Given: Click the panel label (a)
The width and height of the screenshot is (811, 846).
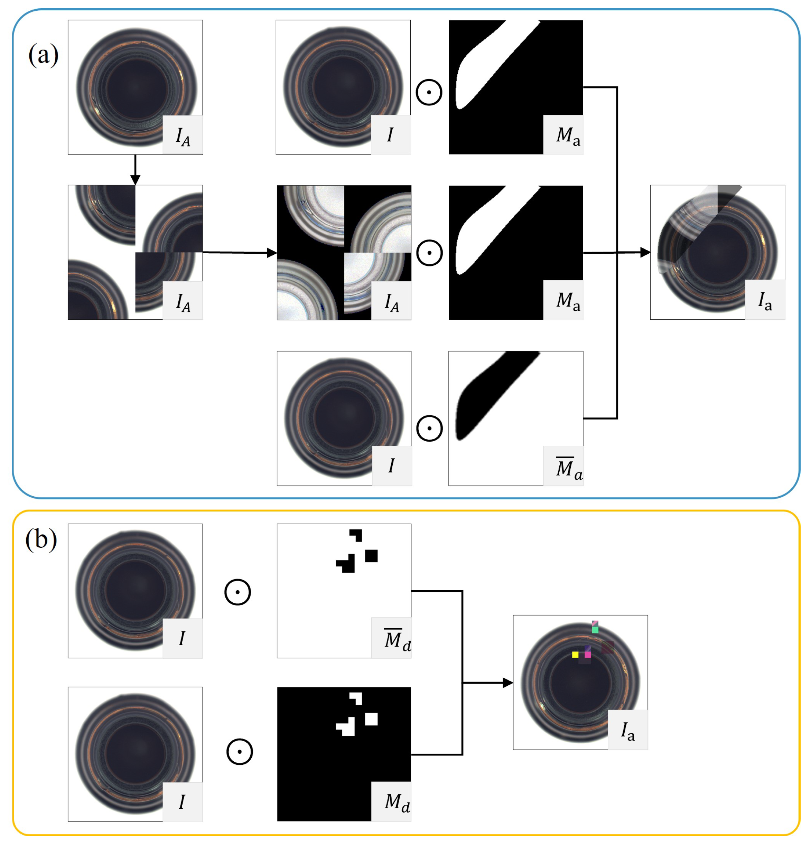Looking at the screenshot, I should point(43,55).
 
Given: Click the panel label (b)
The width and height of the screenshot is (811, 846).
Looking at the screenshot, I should point(41,539).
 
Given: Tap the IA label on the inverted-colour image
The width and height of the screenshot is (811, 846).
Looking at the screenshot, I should point(391,302).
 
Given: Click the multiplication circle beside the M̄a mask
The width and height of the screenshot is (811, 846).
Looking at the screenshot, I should point(429,429).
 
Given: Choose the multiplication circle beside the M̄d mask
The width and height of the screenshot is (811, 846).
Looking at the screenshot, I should point(237,592).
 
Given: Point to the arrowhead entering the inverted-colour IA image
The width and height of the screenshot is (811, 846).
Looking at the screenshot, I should point(272,253).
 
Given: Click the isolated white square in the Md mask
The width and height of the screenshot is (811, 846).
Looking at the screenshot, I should point(371,719).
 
